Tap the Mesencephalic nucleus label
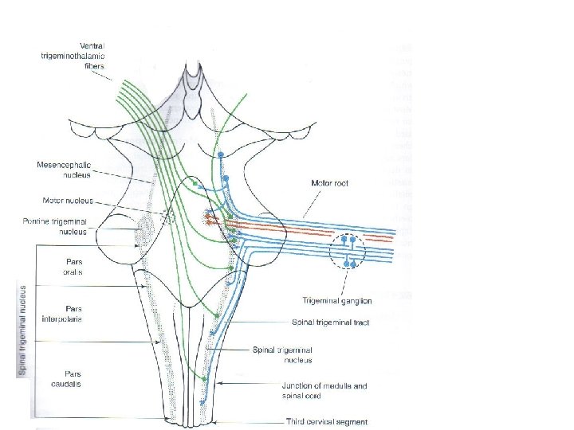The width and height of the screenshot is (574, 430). pos(65,170)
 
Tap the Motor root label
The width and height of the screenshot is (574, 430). pos(329,183)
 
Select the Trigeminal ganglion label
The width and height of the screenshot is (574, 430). pos(336,301)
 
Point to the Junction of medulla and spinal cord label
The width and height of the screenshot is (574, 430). pos(324,390)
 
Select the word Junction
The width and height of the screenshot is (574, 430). pos(300,386)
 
